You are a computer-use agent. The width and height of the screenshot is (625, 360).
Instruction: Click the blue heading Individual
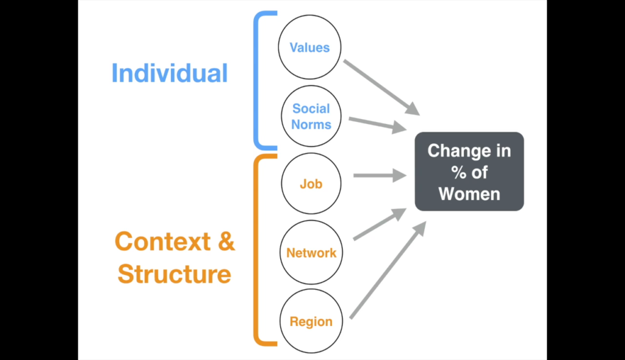click(x=170, y=73)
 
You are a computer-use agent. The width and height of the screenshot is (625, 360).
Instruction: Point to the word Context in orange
click(x=162, y=241)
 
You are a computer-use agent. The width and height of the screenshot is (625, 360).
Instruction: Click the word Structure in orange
click(x=174, y=274)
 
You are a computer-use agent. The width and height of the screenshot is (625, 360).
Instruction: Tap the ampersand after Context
click(x=226, y=241)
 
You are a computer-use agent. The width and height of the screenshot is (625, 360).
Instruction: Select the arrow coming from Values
click(x=381, y=87)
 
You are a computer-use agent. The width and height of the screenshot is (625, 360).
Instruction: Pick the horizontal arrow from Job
click(x=380, y=175)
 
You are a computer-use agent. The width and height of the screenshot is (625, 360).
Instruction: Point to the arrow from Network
click(x=380, y=224)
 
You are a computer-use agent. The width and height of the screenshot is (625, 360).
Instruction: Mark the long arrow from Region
click(x=388, y=270)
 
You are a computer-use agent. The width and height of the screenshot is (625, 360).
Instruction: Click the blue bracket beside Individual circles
click(x=256, y=81)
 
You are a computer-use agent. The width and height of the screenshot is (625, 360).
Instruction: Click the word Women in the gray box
click(x=469, y=194)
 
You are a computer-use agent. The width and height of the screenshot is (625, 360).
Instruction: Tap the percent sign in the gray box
click(x=459, y=173)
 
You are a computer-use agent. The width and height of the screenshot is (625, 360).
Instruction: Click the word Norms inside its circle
click(x=311, y=124)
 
